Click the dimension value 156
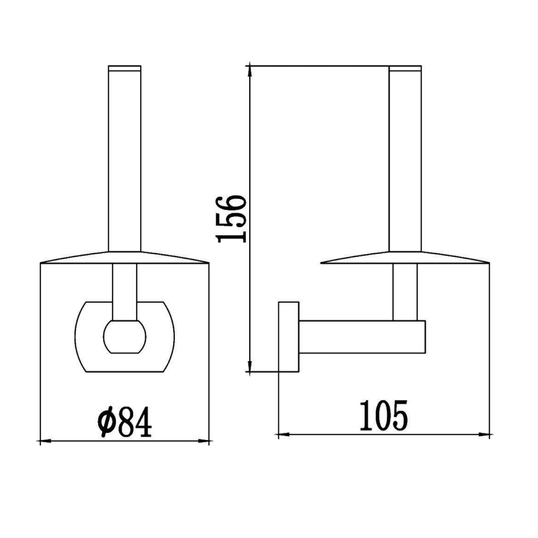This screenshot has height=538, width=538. point(231,219)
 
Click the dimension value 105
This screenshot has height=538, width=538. point(383,416)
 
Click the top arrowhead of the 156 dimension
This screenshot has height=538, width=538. point(250,72)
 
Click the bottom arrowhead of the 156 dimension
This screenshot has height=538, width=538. point(250,366)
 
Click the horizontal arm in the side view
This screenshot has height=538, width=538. point(362,337)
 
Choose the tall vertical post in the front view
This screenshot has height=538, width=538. point(124,161)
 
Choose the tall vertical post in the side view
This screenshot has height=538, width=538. point(405,161)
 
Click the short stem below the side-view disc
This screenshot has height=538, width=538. point(405,292)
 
